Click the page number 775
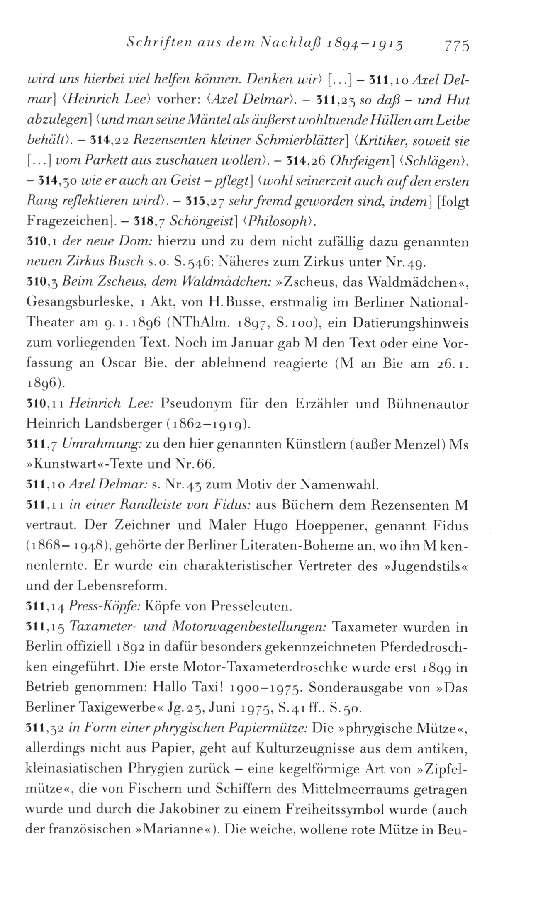[456, 44]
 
